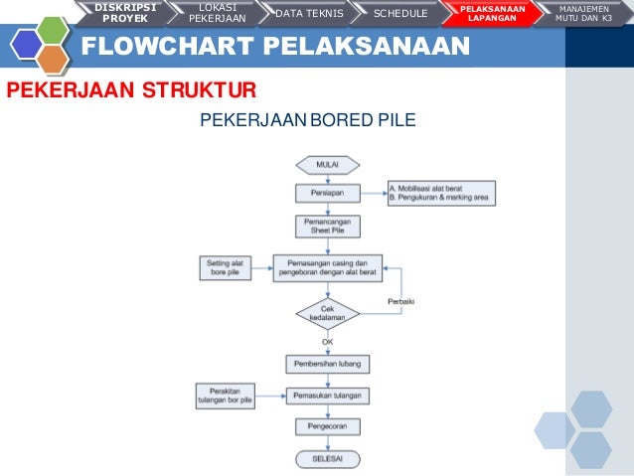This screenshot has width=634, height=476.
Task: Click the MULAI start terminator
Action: coord(327,164)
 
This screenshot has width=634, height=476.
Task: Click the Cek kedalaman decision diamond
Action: coord(327,314)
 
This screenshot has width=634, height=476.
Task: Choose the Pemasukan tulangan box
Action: coord(327,396)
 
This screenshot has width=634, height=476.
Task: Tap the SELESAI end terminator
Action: coord(327,459)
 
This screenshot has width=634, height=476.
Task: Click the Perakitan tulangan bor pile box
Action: coord(226,396)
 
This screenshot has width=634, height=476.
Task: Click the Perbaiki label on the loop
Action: coord(399,301)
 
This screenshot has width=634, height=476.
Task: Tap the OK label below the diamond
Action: coord(327,342)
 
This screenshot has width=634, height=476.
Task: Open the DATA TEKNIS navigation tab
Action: coord(308,13)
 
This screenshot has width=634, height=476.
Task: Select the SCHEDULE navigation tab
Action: coord(399,13)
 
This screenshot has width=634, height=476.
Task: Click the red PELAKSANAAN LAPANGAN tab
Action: coord(492,13)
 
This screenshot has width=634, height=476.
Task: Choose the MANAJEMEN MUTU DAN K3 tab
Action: coord(584,13)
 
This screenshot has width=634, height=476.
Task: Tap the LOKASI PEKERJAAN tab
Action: coord(217,13)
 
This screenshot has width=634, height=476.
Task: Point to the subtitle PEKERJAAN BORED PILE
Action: coord(308,121)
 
